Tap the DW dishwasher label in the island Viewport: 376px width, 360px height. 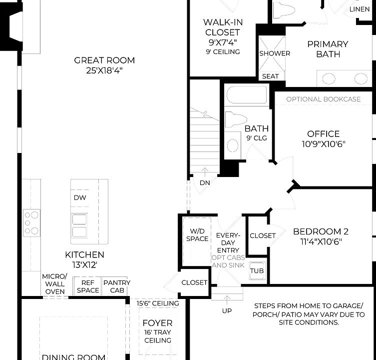point(80,197)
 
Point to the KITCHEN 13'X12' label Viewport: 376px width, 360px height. point(84,259)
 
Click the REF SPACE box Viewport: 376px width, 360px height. point(87,286)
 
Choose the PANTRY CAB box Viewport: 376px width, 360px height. point(116,286)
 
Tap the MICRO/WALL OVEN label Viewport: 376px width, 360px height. point(54,284)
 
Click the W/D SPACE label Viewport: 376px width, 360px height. point(197,235)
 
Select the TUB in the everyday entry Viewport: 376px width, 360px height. point(257,271)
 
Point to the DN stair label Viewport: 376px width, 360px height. point(205,182)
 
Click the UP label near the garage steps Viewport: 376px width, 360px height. point(226,311)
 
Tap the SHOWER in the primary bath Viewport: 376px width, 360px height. point(274,53)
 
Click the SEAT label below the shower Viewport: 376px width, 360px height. point(271,76)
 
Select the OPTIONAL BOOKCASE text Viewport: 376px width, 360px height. point(323,99)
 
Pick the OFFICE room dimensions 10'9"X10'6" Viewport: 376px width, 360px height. point(323,144)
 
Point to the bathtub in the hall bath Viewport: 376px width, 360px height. point(247,94)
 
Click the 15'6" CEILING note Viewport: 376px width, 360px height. point(158,303)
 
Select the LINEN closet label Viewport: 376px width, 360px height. point(360,9)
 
